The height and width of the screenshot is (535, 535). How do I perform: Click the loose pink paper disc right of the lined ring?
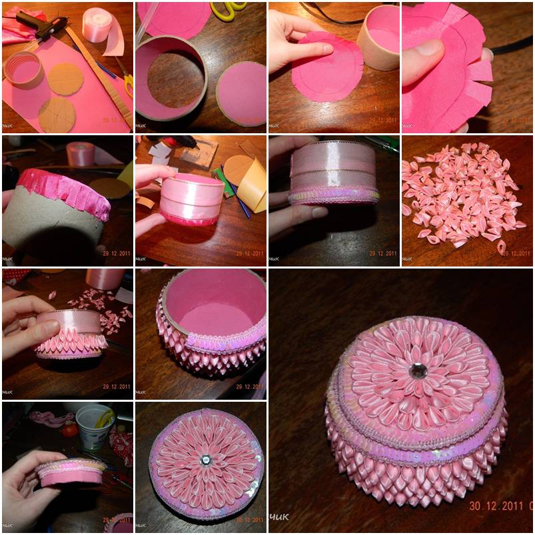[241, 93]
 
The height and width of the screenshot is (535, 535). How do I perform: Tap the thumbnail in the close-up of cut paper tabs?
[427, 47]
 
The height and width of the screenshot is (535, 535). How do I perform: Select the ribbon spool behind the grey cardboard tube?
[80, 154]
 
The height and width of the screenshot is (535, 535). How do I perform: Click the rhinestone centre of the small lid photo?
[206, 460]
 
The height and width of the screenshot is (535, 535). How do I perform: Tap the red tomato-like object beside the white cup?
[69, 430]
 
